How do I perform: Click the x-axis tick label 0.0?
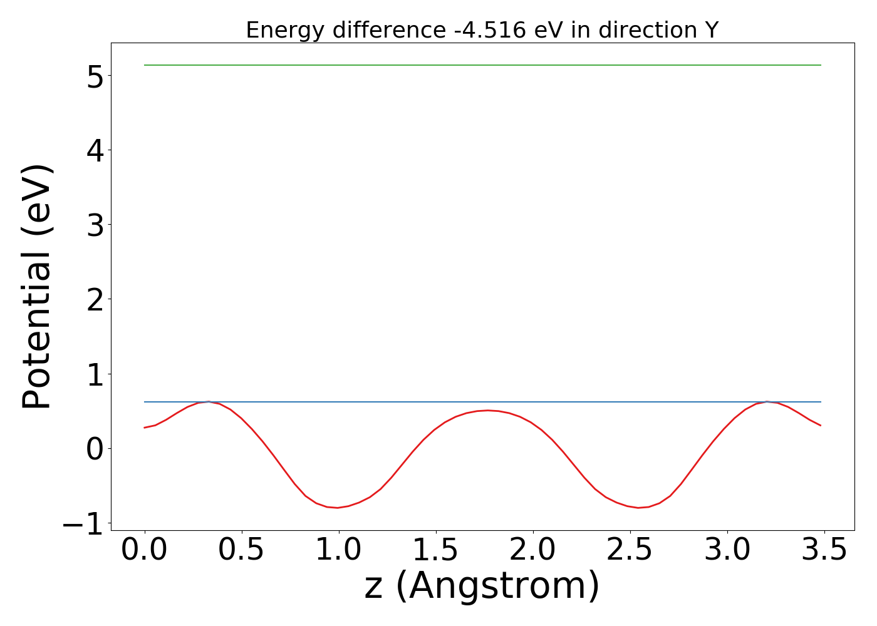click(145, 550)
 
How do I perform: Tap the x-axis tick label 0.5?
click(242, 550)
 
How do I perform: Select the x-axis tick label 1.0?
click(339, 550)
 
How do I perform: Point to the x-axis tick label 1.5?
click(436, 550)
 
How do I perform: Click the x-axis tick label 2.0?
click(533, 550)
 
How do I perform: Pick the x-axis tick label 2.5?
click(630, 550)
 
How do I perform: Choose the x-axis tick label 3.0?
click(727, 550)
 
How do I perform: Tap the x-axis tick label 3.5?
click(824, 550)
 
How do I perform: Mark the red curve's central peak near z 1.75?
click(487, 411)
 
